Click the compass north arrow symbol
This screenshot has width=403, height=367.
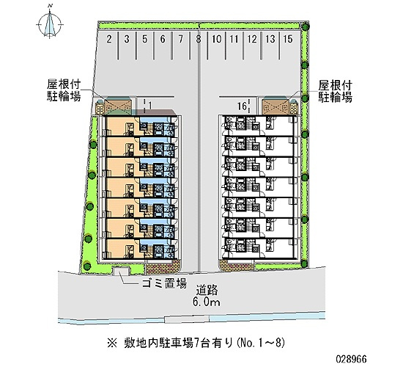tap(50, 24)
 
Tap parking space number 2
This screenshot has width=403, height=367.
tap(109, 40)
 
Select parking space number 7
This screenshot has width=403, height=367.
tap(181, 40)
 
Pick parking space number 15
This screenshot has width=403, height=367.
tap(288, 39)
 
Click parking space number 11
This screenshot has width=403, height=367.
tap(234, 40)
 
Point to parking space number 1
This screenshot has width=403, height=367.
tap(150, 106)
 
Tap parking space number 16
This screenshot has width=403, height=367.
tap(242, 106)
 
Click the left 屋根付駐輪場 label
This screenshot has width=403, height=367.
tap(64, 91)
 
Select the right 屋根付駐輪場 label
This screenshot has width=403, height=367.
tap(335, 92)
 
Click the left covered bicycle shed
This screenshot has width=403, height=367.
tap(118, 106)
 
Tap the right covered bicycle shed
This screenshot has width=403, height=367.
tap(276, 106)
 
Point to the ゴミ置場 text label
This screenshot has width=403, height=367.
tap(164, 284)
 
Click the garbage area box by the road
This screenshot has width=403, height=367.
tap(122, 271)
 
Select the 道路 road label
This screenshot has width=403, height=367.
tap(207, 290)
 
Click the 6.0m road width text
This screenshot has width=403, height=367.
tap(207, 302)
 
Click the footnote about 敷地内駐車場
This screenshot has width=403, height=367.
tap(196, 344)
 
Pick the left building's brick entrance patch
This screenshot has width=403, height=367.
tap(163, 267)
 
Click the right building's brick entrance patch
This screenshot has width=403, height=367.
tap(237, 266)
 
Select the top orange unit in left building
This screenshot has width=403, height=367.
tap(123, 126)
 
